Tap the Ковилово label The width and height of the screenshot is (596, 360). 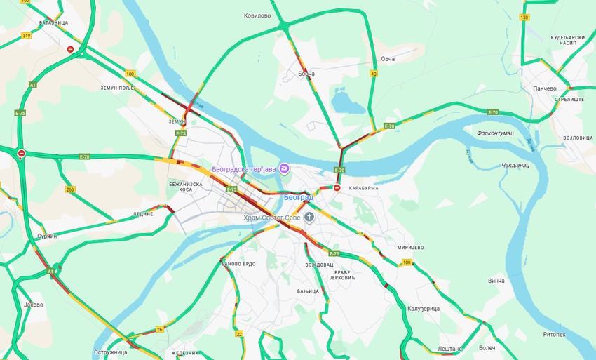pyautogui.click(x=257, y=15)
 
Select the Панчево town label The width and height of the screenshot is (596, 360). pyautogui.click(x=545, y=88)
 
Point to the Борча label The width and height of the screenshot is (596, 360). pyautogui.click(x=306, y=73)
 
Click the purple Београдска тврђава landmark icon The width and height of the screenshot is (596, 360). pyautogui.click(x=285, y=168)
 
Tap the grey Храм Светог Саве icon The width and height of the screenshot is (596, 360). pyautogui.click(x=309, y=218)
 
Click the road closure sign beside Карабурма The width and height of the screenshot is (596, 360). pyautogui.click(x=337, y=188)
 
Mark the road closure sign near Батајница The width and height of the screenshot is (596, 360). pyautogui.click(x=70, y=49)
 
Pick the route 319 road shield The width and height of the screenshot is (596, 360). pyautogui.click(x=27, y=36)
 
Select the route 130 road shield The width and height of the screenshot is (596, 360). pyautogui.click(x=524, y=17)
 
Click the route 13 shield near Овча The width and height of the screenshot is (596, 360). pyautogui.click(x=374, y=74)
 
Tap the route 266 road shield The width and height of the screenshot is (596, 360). pyautogui.click(x=70, y=189)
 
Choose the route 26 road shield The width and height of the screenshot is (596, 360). pyautogui.click(x=160, y=329)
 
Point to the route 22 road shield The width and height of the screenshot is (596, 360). pyautogui.click(x=239, y=334)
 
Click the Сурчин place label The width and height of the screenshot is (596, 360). pyautogui.click(x=47, y=236)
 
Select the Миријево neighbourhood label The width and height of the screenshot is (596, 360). pyautogui.click(x=411, y=248)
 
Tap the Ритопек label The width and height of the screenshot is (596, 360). pyautogui.click(x=554, y=334)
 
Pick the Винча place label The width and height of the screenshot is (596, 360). pyautogui.click(x=496, y=280)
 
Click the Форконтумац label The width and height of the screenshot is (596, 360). pyautogui.click(x=495, y=133)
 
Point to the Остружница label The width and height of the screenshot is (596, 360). pyautogui.click(x=110, y=352)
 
